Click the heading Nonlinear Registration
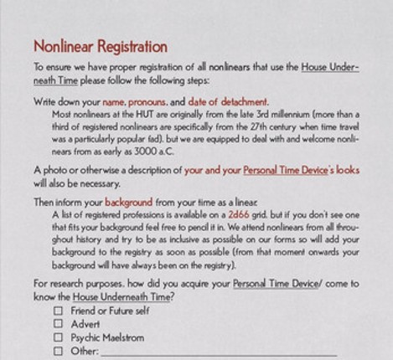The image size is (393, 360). [x=101, y=47]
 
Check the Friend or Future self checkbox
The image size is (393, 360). [x=59, y=311]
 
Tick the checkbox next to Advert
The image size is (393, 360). [x=59, y=324]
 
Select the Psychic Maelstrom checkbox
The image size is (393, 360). [x=59, y=337]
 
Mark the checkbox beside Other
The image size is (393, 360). [x=59, y=351]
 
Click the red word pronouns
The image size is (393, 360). [x=159, y=101]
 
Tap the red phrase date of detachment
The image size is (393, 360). [x=229, y=101]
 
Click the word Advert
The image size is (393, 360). [x=85, y=324]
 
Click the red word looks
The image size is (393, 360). [x=346, y=170]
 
